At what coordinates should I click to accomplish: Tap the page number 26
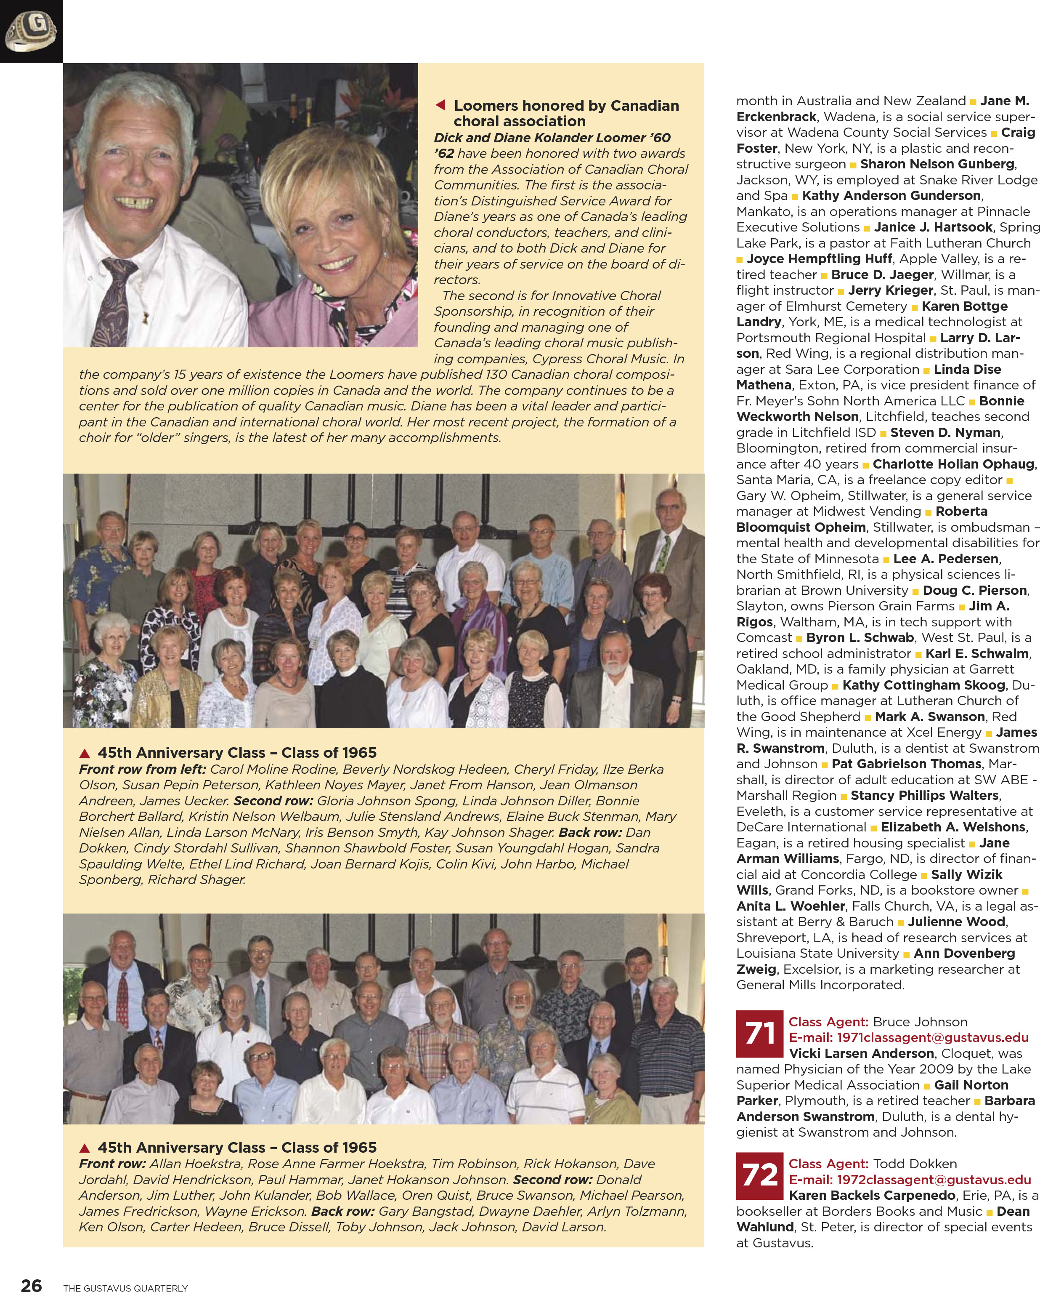[x=32, y=1284]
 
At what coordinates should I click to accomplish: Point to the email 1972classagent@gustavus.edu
[x=910, y=1179]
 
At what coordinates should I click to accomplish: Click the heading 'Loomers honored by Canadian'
[x=566, y=106]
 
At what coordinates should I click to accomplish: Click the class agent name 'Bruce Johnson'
[x=920, y=1022]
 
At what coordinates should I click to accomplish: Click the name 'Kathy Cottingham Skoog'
[x=923, y=685]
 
